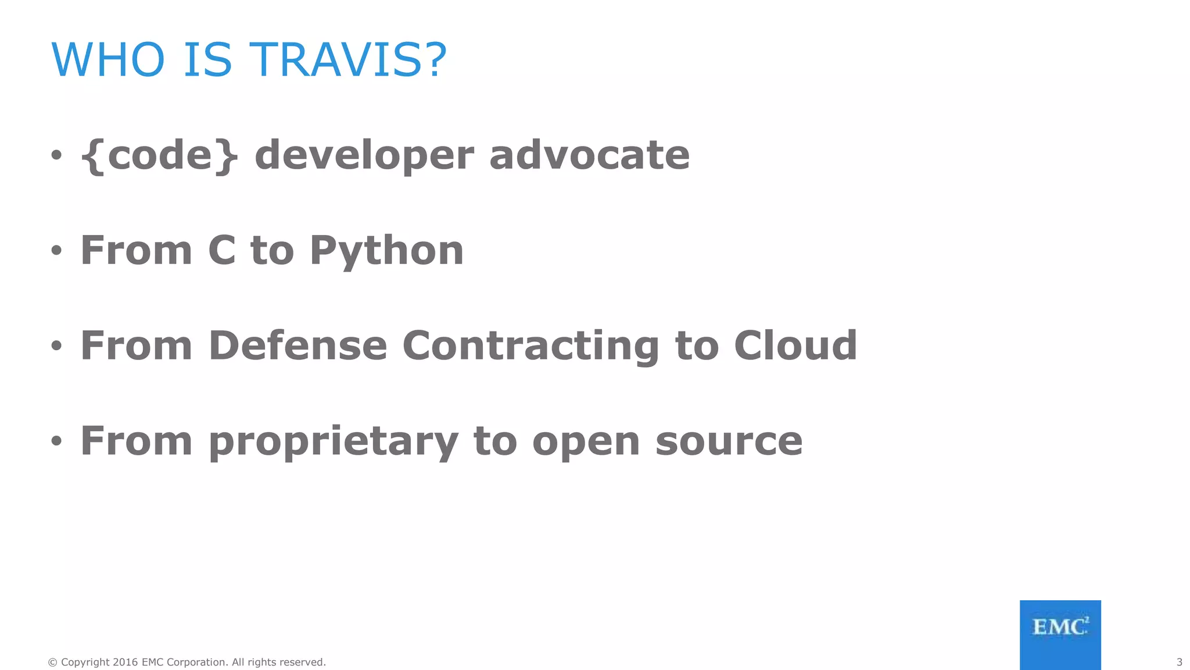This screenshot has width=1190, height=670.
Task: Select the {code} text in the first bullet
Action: tap(159, 155)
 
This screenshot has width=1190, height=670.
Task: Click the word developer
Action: tap(364, 156)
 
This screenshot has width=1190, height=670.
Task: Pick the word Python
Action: tap(386, 251)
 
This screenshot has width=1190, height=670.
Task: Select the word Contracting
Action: tap(531, 347)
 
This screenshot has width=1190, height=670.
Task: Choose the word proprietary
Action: tap(334, 442)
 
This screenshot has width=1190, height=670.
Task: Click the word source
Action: tap(729, 442)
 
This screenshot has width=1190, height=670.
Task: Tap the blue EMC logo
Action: tap(1060, 635)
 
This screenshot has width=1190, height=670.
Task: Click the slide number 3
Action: tap(1179, 662)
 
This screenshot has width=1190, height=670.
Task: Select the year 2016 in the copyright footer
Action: tap(125, 662)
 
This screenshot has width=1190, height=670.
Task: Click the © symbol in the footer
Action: tap(52, 662)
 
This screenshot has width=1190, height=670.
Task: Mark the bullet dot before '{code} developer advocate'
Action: tap(56, 155)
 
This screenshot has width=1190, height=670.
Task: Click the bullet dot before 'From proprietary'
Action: tap(56, 441)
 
